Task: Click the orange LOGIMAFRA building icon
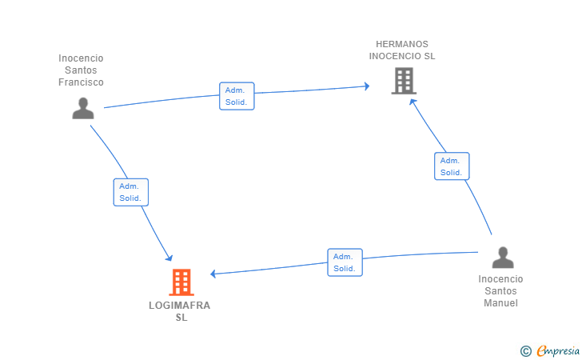[x=181, y=282]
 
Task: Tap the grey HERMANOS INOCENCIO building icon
[x=404, y=81]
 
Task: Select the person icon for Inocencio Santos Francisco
[x=83, y=108]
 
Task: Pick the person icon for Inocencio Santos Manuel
[x=502, y=258]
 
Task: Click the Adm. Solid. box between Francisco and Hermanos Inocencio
[x=237, y=96]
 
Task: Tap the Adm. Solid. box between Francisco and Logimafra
[x=131, y=192]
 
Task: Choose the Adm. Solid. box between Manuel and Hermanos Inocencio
[x=452, y=166]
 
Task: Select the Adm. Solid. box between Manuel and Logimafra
[x=345, y=262]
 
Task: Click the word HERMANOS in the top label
[x=402, y=44]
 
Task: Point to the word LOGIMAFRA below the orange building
[x=180, y=305]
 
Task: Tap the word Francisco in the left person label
[x=81, y=82]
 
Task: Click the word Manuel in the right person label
[x=500, y=303]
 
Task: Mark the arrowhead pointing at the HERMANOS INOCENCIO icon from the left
[x=365, y=86]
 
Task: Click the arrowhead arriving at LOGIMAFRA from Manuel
[x=214, y=274]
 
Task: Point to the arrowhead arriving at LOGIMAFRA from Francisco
[x=169, y=258]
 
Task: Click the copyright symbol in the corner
[x=525, y=350]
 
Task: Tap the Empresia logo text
[x=559, y=350]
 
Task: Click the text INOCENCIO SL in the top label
[x=402, y=56]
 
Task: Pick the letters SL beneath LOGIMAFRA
[x=181, y=317]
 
